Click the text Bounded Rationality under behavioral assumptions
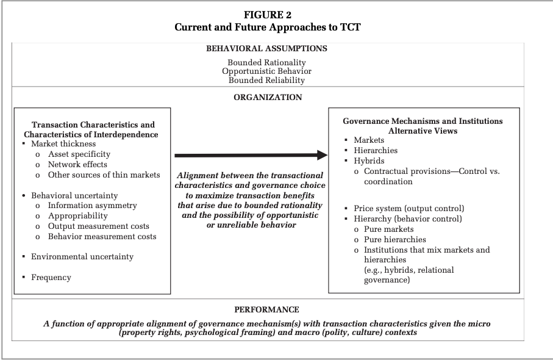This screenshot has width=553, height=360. (x=267, y=62)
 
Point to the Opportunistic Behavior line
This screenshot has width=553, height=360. (x=267, y=71)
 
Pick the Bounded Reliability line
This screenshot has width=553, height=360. (x=267, y=80)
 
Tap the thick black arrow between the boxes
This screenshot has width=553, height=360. (x=251, y=156)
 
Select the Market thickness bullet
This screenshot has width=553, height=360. (x=63, y=144)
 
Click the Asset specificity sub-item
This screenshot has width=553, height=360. (x=79, y=154)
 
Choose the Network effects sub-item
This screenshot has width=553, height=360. (x=77, y=165)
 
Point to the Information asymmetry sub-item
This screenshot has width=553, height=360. (x=93, y=206)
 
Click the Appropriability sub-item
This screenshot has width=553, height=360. (x=78, y=216)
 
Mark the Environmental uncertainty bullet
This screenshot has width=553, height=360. (x=82, y=257)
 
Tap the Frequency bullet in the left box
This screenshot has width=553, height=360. (x=51, y=278)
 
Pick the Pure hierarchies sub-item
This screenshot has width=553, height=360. (x=395, y=240)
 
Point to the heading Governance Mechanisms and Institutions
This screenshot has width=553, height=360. (x=423, y=121)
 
